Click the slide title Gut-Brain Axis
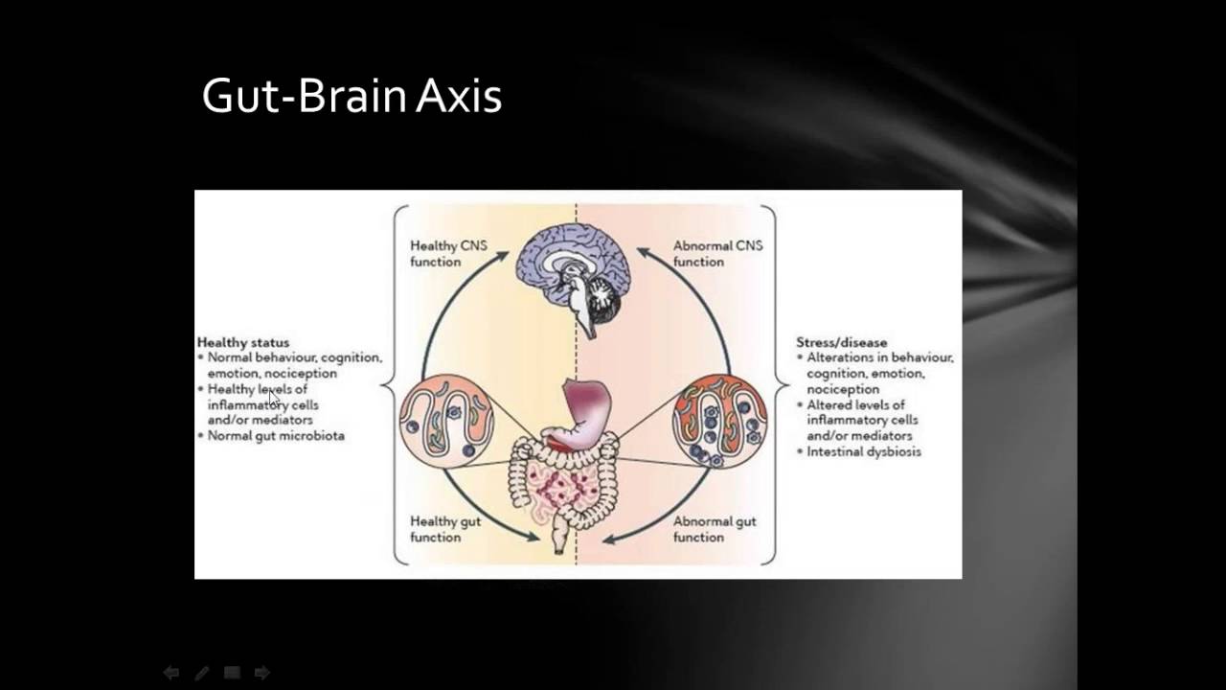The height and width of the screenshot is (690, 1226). (x=352, y=97)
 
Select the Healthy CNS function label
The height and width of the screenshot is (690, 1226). (x=448, y=253)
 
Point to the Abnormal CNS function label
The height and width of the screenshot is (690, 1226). (x=716, y=253)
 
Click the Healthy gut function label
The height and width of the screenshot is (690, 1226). (x=446, y=529)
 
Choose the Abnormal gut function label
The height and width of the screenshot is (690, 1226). (x=714, y=529)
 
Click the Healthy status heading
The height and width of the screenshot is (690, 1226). (x=243, y=342)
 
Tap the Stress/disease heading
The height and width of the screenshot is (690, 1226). (x=841, y=342)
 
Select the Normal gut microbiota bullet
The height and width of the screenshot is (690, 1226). (x=276, y=435)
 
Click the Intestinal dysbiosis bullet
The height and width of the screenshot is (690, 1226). (x=863, y=451)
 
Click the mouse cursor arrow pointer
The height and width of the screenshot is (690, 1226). (x=275, y=398)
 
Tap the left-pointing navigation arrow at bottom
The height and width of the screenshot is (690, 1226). (x=171, y=673)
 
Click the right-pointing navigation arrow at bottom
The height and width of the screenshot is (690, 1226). (x=261, y=673)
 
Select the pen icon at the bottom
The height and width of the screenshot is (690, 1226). (x=202, y=673)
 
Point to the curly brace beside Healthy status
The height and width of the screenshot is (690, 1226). (x=388, y=385)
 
